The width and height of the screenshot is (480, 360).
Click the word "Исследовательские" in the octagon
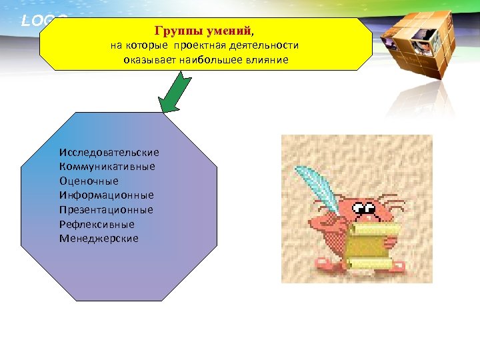109,153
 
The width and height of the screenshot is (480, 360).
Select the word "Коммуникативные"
107,167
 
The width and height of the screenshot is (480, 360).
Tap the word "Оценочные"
88,181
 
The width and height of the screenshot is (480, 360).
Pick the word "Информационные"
106,195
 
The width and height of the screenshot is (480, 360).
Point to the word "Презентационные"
105,209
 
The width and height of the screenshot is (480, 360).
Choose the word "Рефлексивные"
96,224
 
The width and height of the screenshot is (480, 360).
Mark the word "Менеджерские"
99,238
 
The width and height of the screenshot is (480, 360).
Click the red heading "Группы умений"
203,31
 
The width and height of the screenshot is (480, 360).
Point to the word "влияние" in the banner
267,60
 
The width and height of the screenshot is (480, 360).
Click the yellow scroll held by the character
371,246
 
